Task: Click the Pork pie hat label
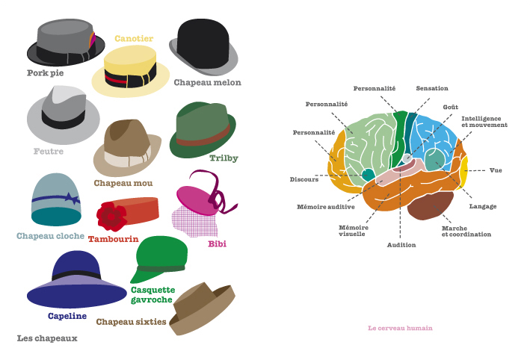[x=45, y=73]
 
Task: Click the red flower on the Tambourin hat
[x=113, y=215]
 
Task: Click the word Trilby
[x=224, y=158]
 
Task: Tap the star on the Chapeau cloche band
[x=72, y=199]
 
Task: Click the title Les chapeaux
[x=47, y=338]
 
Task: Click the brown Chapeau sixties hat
[x=200, y=308]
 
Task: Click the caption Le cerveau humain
[x=400, y=328]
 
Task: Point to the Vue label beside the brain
[x=496, y=170]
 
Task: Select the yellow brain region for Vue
[x=464, y=170]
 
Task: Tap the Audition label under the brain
[x=401, y=244]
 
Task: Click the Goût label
[x=451, y=107]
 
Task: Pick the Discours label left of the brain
[x=304, y=179]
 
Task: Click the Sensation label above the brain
[x=432, y=88]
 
